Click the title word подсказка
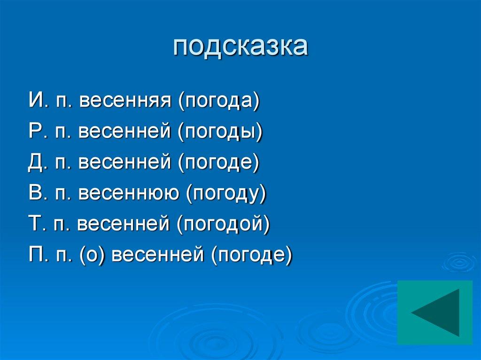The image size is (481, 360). point(240,47)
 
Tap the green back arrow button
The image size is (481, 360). point(434,313)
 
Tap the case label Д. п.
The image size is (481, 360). point(49,163)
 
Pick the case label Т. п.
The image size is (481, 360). point(48,224)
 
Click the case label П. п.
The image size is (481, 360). point(49,255)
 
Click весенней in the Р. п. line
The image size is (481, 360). point(124,132)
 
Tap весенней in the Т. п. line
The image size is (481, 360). point(124,224)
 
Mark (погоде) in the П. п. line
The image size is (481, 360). point(251,255)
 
